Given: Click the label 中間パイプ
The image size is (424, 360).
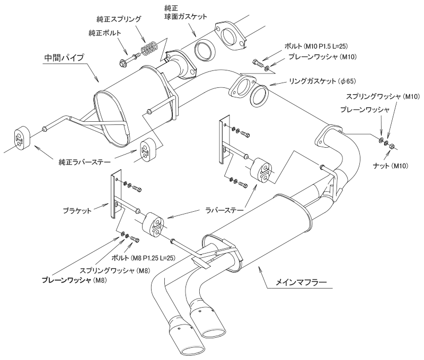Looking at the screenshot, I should coord(63,57).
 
